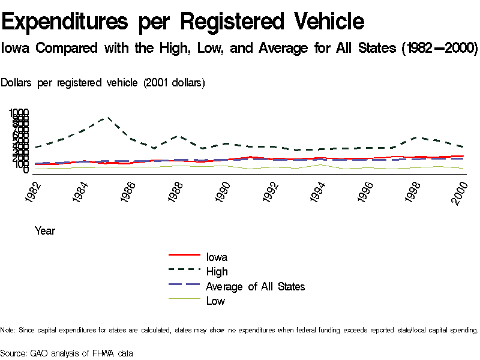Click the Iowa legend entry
click(x=217, y=257)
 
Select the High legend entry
click(x=217, y=272)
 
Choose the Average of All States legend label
click(x=255, y=287)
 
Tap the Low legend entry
click(x=215, y=301)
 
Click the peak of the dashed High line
click(x=107, y=118)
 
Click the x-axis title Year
click(x=44, y=230)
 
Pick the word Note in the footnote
click(x=8, y=330)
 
